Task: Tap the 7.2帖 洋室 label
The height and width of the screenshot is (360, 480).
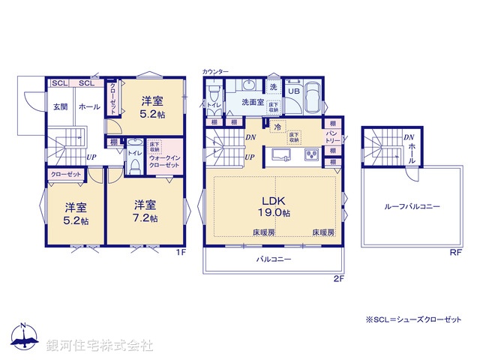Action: pyautogui.click(x=146, y=211)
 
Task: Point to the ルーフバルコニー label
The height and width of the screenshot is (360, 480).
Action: pyautogui.click(x=412, y=206)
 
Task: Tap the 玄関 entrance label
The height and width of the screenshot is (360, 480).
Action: pyautogui.click(x=60, y=107)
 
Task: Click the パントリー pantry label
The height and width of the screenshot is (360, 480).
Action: pyautogui.click(x=332, y=136)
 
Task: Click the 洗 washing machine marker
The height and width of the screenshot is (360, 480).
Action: pyautogui.click(x=273, y=88)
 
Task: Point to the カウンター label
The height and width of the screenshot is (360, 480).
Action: pyautogui.click(x=214, y=71)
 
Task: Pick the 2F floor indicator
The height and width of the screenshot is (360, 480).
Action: pyautogui.click(x=337, y=278)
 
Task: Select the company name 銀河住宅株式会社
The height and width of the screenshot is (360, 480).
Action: pyautogui.click(x=100, y=345)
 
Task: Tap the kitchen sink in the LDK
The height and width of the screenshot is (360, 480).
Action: pyautogui.click(x=281, y=155)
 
